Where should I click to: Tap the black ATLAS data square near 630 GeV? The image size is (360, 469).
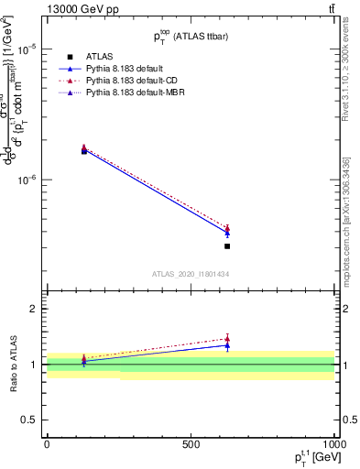pos(227,245)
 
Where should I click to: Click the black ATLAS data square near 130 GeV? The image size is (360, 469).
pos(84,150)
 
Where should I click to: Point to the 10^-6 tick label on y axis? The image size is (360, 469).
pos(27,180)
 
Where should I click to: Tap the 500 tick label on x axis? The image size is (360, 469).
pos(191,443)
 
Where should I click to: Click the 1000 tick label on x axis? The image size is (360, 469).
pos(333,443)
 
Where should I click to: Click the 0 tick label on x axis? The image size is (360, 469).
pos(47,443)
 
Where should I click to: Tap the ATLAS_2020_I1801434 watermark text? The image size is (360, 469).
pos(190,274)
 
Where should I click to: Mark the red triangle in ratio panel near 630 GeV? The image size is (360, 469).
pos(227,339)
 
